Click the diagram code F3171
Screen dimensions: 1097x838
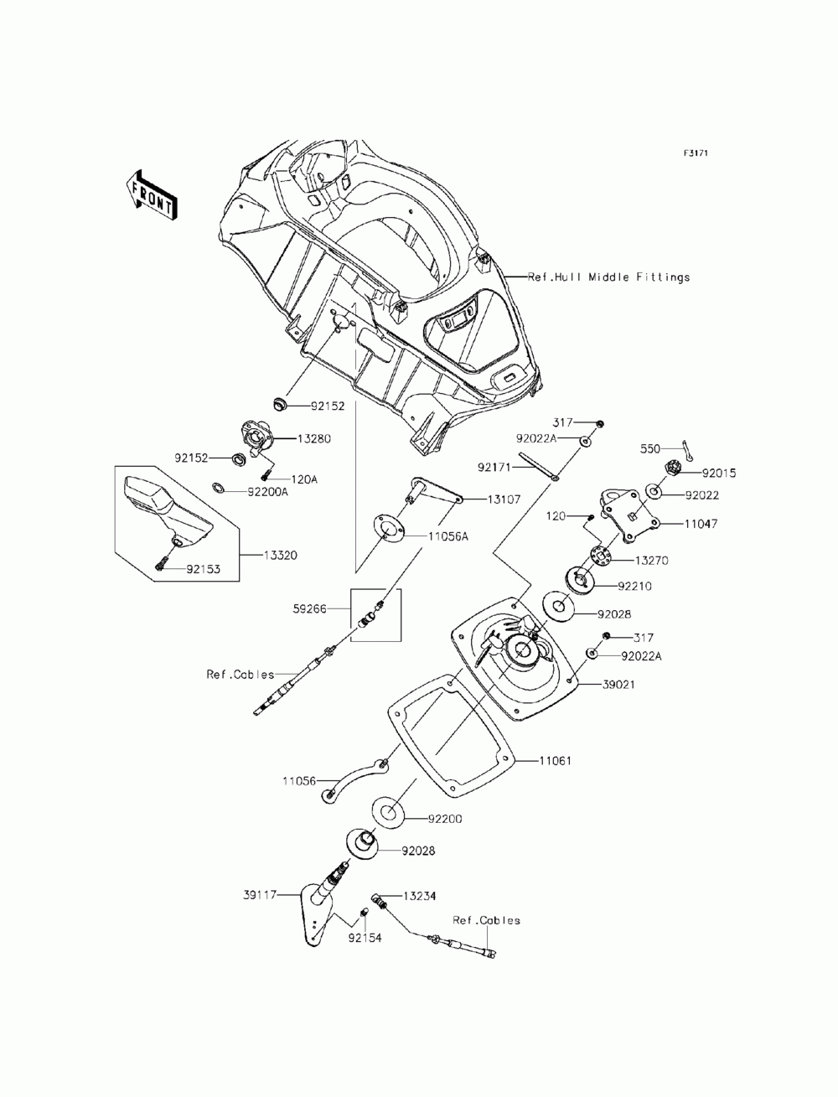coord(696,154)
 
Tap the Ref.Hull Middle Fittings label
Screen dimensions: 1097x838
coord(609,277)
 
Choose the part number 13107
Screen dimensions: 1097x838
coord(504,499)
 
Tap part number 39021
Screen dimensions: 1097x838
coord(619,684)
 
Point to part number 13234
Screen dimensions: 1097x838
coord(419,896)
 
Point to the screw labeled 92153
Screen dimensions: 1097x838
coord(161,567)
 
